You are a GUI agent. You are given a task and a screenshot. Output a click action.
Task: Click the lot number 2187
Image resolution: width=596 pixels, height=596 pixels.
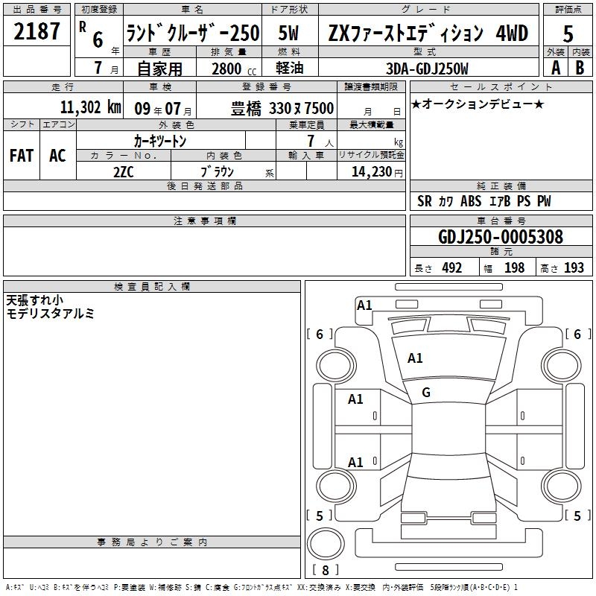click(37, 31)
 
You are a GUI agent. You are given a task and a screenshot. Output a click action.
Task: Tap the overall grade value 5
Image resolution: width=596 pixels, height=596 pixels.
click(568, 34)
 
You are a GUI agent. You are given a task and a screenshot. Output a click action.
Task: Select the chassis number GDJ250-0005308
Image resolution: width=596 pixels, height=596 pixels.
click(501, 237)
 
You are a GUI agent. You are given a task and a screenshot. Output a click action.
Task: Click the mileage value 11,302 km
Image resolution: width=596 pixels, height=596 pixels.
click(91, 107)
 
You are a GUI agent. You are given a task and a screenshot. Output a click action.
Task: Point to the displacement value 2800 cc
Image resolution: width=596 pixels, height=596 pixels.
click(234, 69)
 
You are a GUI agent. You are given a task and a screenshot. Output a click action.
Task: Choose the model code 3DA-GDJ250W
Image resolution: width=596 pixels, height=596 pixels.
click(427, 69)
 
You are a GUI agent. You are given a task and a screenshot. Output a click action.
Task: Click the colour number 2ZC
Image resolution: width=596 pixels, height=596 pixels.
click(124, 172)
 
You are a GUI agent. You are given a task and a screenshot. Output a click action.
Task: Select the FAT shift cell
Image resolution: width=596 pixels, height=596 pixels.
click(22, 156)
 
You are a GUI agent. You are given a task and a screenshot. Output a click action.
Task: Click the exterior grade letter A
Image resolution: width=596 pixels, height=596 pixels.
click(556, 68)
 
